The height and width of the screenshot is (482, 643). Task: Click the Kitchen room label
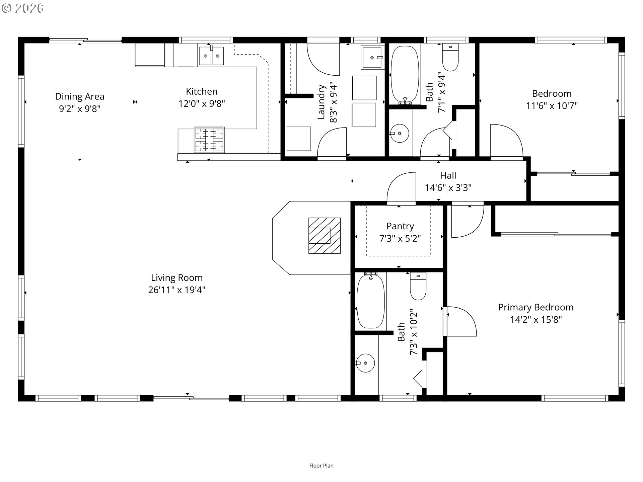(202, 91)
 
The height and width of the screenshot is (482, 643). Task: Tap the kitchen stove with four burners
(209, 140)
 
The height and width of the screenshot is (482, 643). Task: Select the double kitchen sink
(211, 56)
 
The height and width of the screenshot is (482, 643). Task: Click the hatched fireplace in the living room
(325, 236)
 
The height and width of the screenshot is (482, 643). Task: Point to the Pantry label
(400, 226)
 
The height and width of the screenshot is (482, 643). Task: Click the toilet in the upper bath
(450, 57)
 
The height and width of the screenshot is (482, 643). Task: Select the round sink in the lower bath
(365, 363)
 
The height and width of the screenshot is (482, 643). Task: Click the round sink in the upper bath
(400, 133)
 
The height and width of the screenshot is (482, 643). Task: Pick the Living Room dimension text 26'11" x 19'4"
(177, 290)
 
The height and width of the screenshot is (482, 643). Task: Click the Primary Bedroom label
(536, 307)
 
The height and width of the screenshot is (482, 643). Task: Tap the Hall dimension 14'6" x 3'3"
(448, 187)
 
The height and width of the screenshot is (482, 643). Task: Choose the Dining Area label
(80, 97)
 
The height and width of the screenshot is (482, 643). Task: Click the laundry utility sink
(372, 57)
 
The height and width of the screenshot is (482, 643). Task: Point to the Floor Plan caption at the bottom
(321, 466)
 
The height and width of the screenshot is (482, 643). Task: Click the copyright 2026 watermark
(22, 8)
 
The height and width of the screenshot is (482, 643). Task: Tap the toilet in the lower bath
(418, 286)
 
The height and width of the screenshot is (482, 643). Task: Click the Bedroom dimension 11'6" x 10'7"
(552, 106)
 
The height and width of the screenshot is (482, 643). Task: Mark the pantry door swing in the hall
(401, 187)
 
